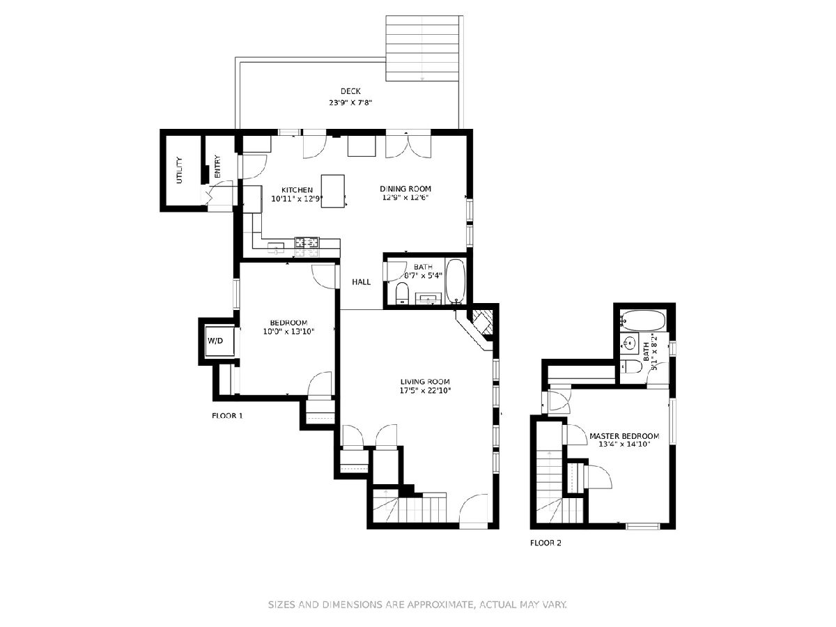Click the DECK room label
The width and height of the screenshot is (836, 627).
click(x=350, y=91)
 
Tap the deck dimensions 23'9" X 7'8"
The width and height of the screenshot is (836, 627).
click(x=350, y=102)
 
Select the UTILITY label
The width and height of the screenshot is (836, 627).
click(x=179, y=170)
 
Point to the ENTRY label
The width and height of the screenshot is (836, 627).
click(x=217, y=167)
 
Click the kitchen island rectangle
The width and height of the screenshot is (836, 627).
click(x=333, y=191)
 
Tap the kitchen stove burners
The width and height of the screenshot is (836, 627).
click(x=307, y=242)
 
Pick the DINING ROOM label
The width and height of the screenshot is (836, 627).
click(x=405, y=189)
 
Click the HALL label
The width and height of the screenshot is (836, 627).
click(x=361, y=282)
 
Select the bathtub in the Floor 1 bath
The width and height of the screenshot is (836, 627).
click(x=456, y=281)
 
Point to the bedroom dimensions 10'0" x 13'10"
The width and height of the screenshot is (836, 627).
click(x=288, y=332)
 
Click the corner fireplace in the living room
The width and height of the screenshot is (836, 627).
click(x=479, y=327)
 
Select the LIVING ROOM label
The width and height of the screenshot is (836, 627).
click(x=425, y=382)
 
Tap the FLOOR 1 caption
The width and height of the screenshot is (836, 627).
click(x=227, y=416)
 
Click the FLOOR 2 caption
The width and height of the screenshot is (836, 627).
click(x=545, y=543)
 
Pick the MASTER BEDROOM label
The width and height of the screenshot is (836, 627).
click(x=624, y=436)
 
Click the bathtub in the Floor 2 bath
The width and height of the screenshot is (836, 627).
click(x=642, y=320)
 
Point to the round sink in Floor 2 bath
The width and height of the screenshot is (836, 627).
click(x=630, y=343)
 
